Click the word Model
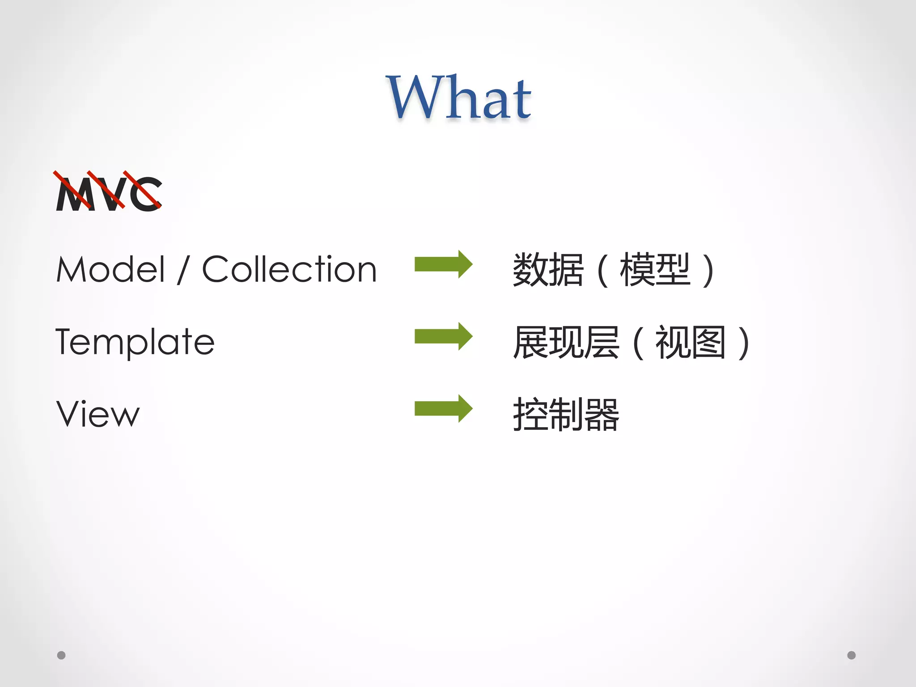[111, 269]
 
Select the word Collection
[289, 269]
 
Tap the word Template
[135, 342]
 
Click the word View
[98, 414]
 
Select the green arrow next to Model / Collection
[443, 264]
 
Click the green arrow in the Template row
[443, 336]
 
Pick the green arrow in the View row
[443, 408]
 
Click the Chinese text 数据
[548, 270]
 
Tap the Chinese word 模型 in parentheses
[655, 270]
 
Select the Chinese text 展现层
[566, 343]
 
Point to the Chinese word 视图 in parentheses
[690, 343]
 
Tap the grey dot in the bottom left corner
[61, 655]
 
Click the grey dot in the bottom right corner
[852, 655]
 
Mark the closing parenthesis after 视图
[743, 343]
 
